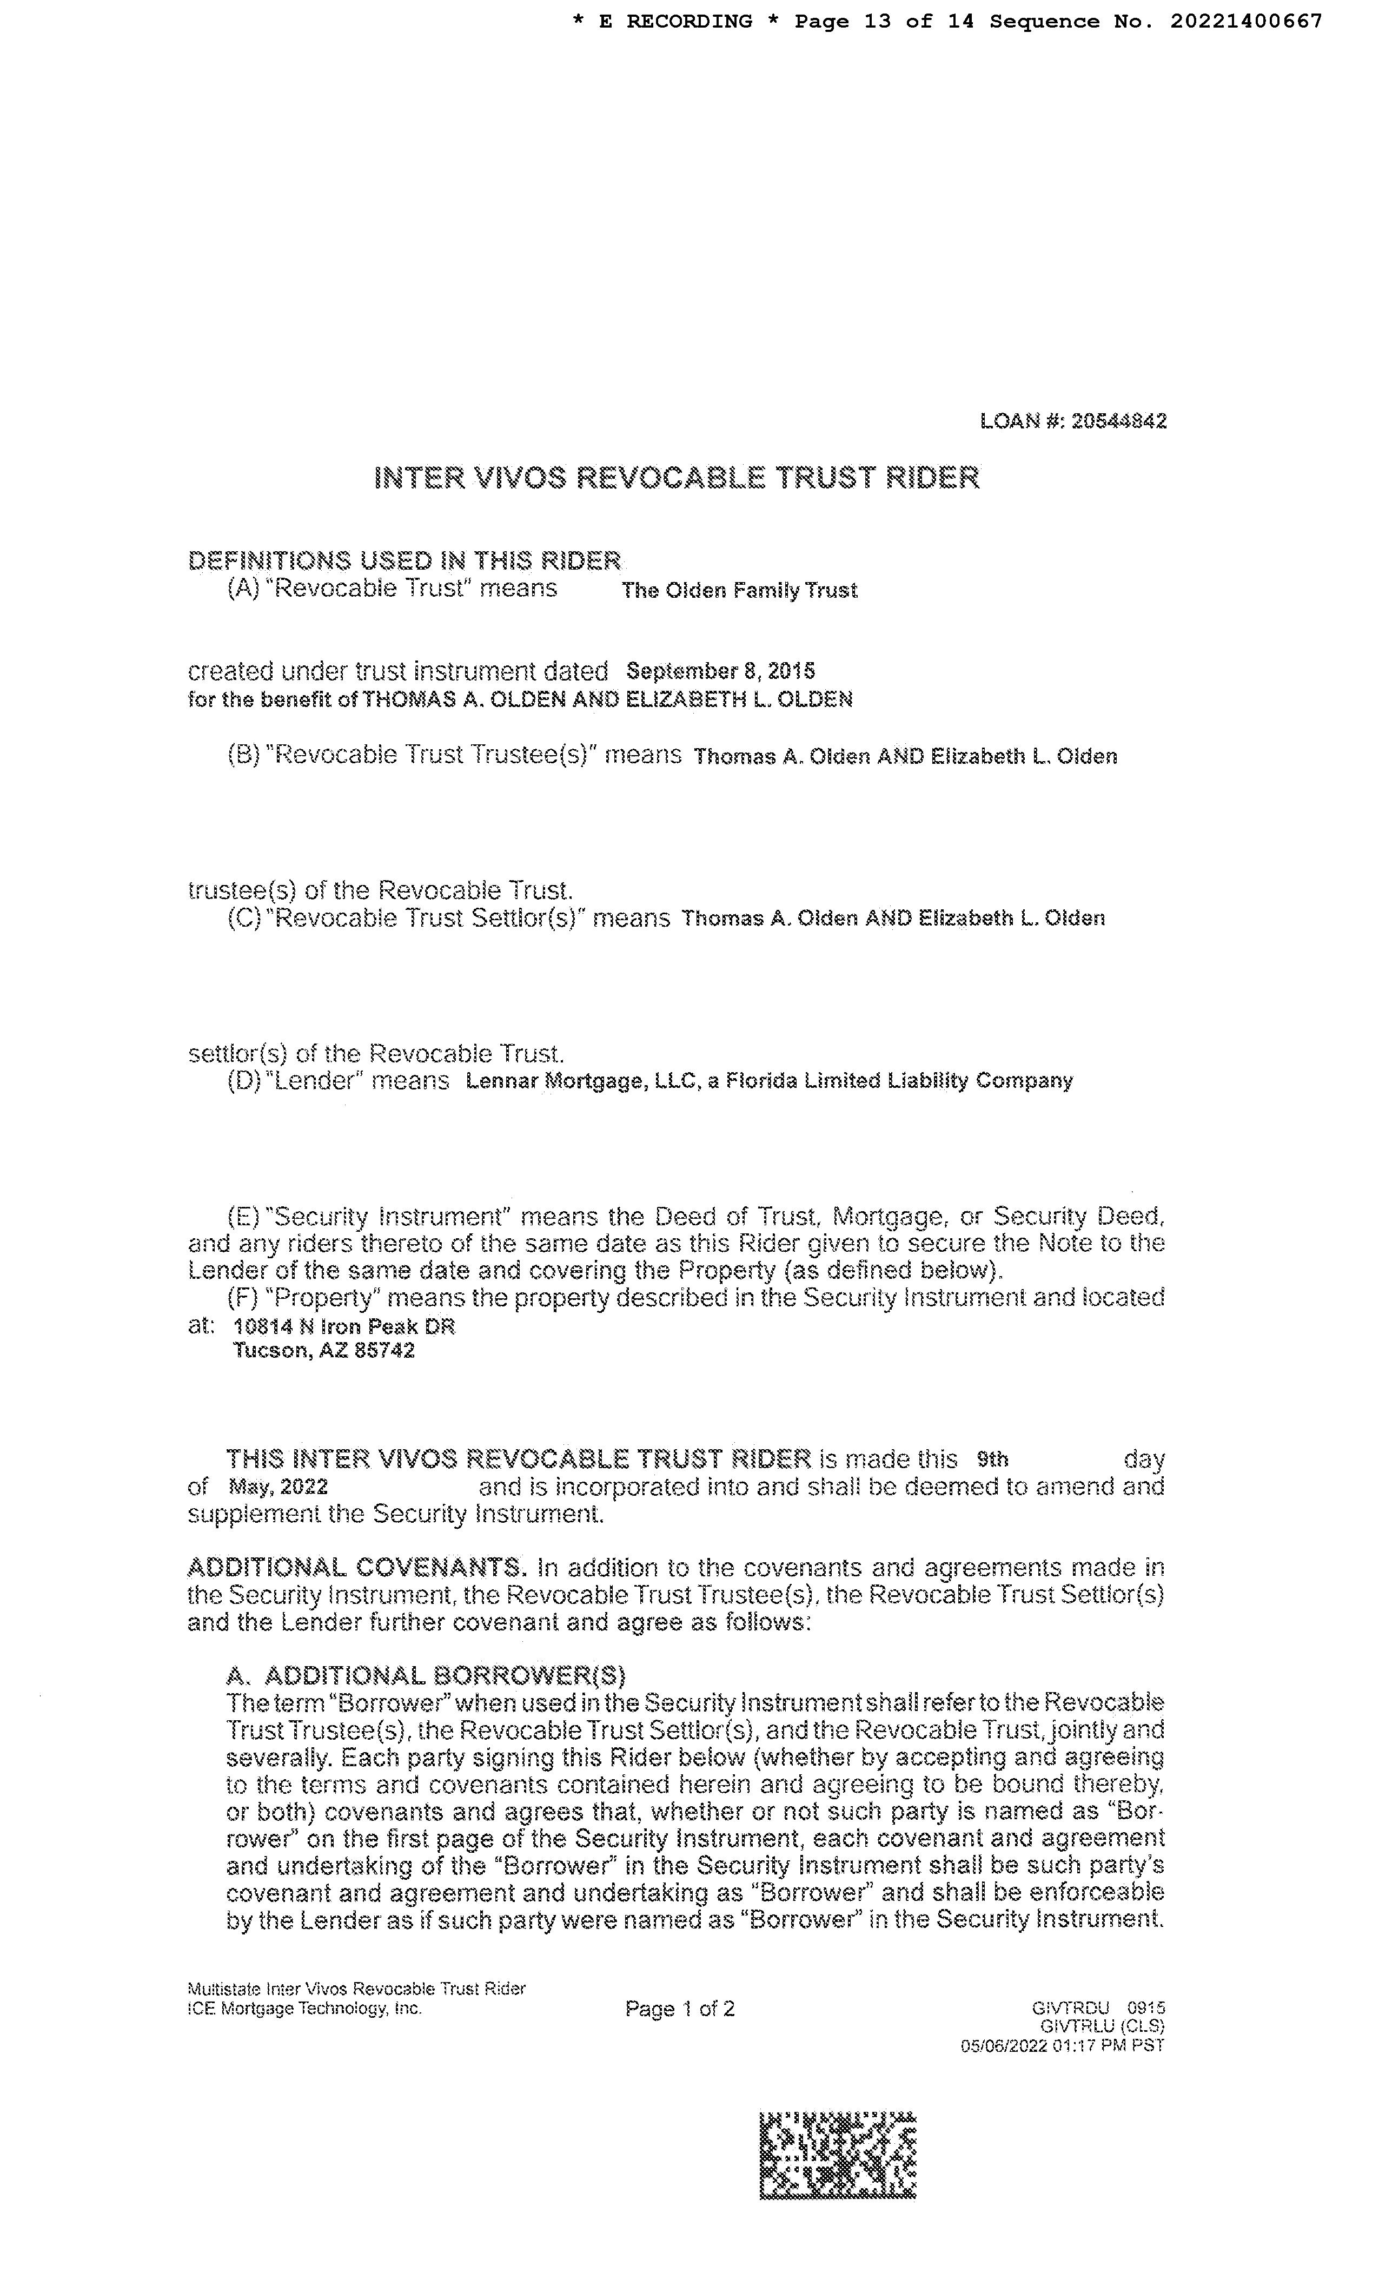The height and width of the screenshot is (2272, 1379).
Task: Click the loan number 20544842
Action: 1118,421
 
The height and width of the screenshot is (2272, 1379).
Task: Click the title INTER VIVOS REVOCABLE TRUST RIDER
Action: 677,478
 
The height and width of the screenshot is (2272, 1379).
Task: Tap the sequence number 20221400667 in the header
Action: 1247,21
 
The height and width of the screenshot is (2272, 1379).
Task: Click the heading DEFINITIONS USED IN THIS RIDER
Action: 404,560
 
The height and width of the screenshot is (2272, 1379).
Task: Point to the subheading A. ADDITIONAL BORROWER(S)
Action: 426,1675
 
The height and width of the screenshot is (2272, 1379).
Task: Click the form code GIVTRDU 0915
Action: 1099,2008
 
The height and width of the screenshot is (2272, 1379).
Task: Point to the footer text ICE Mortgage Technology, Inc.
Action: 304,2008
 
